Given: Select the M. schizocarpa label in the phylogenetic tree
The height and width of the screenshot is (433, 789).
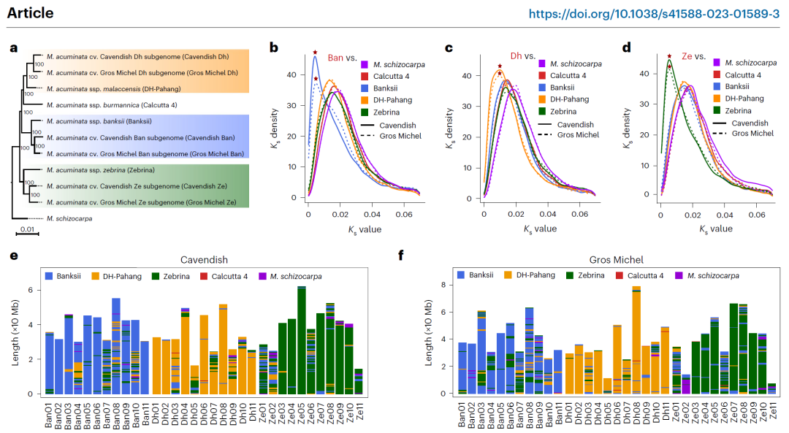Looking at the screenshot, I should click(x=69, y=218).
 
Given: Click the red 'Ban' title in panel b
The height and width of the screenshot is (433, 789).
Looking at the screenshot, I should click(x=335, y=58).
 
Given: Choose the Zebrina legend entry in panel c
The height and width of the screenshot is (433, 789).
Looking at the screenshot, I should click(x=565, y=112).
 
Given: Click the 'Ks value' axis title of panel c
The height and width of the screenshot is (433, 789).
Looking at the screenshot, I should click(x=540, y=229).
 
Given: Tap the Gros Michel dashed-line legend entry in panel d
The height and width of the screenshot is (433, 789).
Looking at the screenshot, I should click(x=752, y=133).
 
